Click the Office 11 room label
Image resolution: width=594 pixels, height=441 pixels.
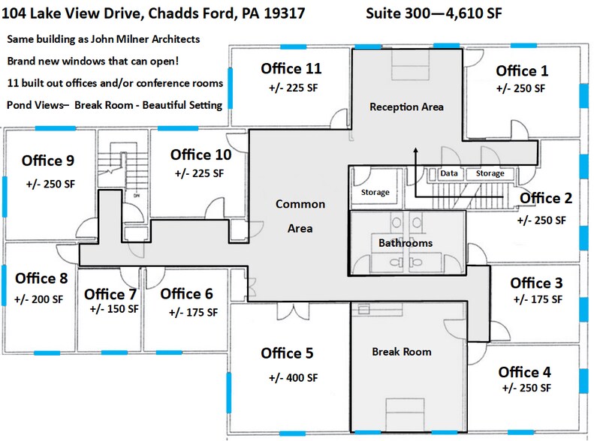pos(291,69)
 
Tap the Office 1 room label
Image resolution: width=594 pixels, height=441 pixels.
pos(522,71)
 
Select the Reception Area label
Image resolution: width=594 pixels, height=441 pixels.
pos(406,106)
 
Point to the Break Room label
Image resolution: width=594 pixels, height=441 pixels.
pos(402,352)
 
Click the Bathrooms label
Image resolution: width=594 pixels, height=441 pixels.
pos(405,244)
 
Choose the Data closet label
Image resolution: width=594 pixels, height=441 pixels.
pos(449,173)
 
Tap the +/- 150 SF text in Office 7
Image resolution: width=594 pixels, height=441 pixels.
pos(113,308)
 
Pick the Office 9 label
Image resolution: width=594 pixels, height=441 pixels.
pos(48,160)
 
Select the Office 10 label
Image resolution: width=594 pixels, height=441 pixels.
pos(201,155)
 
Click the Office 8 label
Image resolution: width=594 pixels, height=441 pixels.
pos(41,279)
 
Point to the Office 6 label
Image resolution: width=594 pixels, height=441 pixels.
pos(187,294)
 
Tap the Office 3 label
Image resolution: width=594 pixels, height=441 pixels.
pos(536,283)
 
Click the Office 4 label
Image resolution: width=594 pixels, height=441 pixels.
pos(524,372)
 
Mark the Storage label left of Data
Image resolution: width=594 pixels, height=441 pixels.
pos(375,193)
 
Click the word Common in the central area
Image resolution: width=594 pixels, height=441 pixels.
pos(300,204)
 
